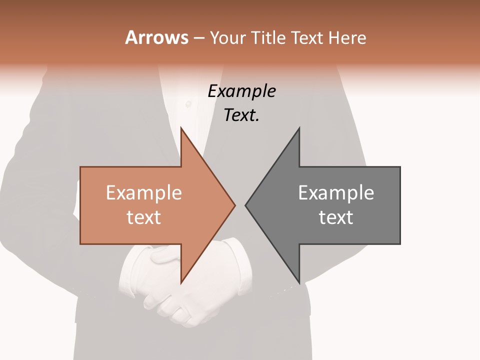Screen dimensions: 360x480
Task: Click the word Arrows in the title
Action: pos(156,37)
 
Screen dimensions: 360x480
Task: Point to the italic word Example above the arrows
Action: pos(241,91)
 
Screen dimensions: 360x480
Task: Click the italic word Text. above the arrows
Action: pos(241,115)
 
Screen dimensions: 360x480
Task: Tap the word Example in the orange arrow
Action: pos(143,193)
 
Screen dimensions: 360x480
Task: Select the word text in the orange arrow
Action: pos(143,217)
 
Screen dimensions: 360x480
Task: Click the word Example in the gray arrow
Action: pos(336,193)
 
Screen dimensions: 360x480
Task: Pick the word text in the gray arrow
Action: pos(336,217)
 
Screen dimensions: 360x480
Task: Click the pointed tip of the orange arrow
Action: pos(234,205)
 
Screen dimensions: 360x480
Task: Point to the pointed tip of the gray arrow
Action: pos(246,205)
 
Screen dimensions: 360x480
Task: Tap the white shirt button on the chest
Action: pos(188,104)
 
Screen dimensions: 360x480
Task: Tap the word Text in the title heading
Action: pos(307,37)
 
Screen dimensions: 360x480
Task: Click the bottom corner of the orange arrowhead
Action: pos(181,282)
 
